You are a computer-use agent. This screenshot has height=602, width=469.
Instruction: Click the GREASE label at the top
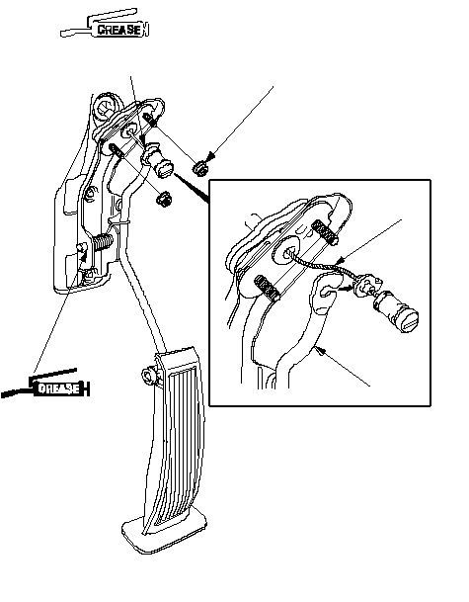118,30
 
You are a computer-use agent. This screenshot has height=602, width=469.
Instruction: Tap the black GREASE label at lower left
58,388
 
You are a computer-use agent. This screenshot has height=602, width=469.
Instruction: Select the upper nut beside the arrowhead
200,168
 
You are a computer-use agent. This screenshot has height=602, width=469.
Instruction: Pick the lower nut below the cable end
163,200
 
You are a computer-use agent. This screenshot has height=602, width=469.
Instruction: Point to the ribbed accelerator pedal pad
175,438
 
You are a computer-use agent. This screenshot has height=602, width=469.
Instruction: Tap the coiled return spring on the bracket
103,243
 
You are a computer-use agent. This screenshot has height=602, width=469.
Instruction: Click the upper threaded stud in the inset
325,232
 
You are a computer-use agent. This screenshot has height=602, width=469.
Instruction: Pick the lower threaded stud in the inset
267,288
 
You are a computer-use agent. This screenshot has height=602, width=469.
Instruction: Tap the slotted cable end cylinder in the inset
397,310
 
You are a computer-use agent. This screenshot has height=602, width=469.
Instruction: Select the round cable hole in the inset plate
287,253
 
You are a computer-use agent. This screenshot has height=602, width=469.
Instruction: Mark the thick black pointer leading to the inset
191,188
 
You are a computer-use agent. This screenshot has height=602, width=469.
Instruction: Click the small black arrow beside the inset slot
346,288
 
